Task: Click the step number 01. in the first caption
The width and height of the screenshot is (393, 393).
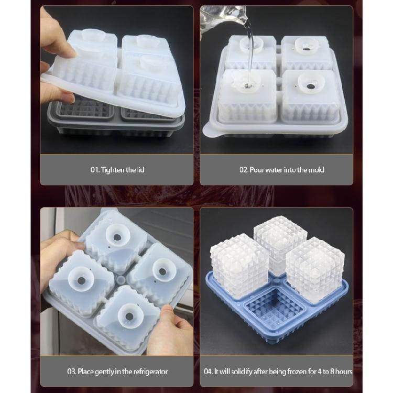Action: [x=95, y=170]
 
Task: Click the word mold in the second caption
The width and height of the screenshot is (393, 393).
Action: [x=316, y=170]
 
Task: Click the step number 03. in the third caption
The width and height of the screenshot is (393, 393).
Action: [x=72, y=372]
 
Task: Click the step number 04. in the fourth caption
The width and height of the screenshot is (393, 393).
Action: [x=208, y=372]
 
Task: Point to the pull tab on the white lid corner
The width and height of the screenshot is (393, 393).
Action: [x=211, y=130]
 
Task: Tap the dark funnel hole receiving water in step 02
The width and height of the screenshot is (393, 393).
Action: [x=247, y=86]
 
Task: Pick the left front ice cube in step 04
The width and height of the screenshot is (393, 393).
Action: [x=238, y=266]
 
